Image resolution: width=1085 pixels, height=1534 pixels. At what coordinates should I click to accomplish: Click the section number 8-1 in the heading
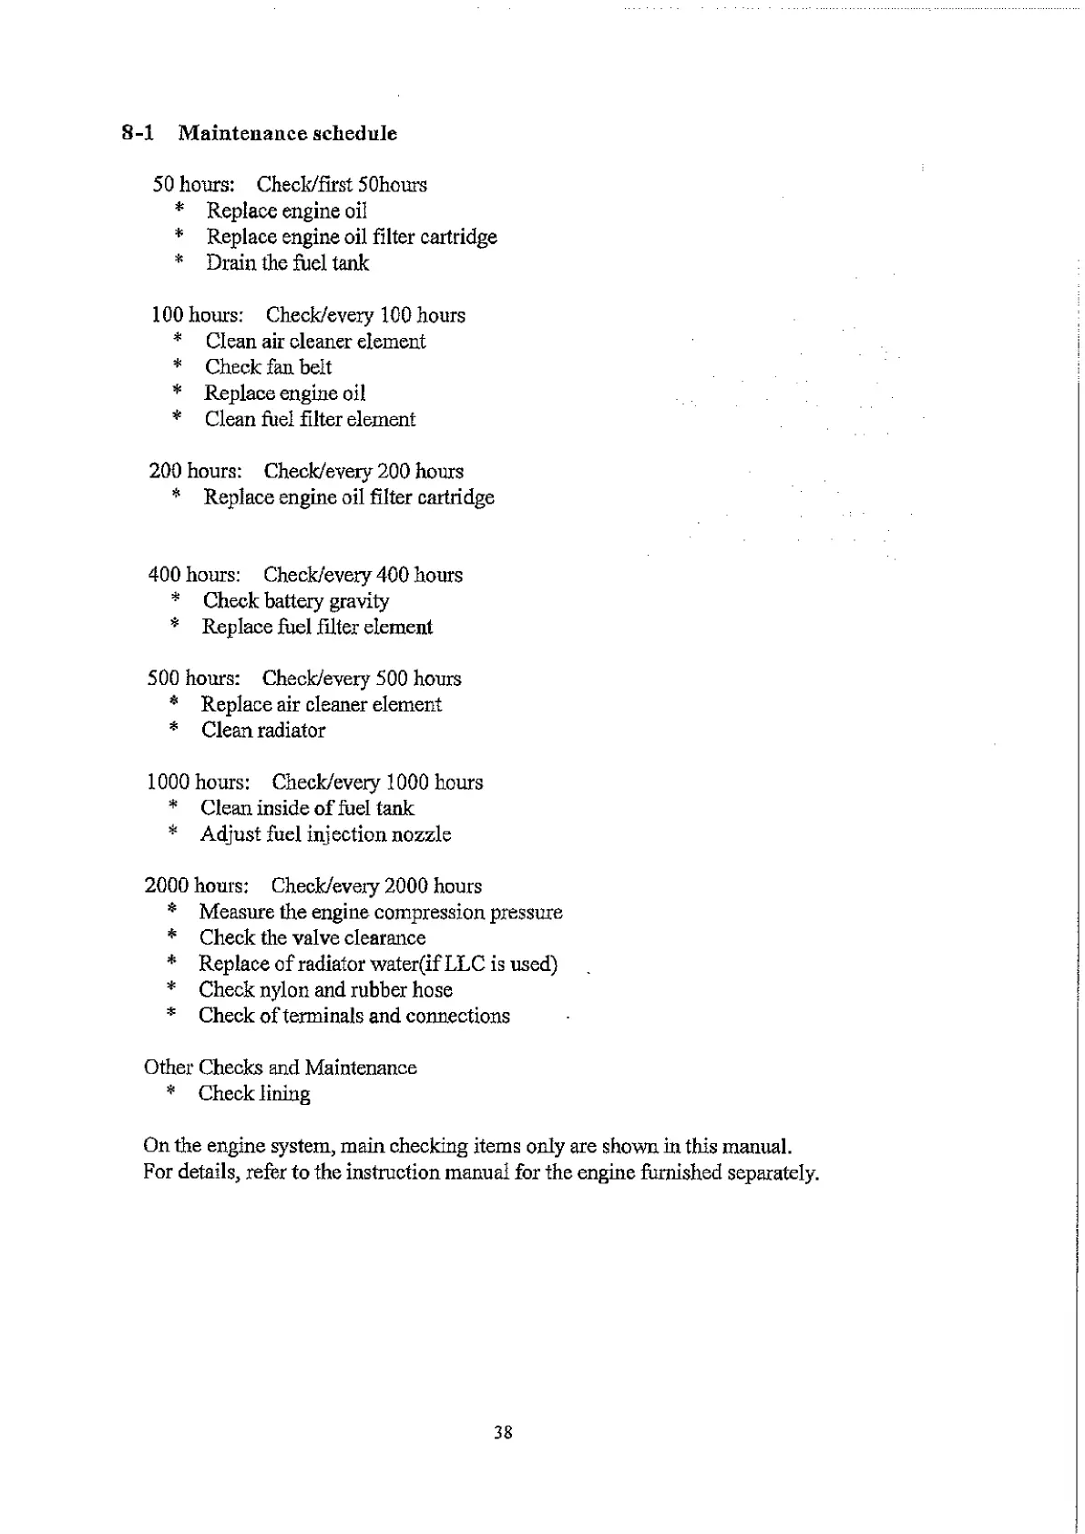(x=138, y=134)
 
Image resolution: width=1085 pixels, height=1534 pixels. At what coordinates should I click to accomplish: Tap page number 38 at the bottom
(x=503, y=1433)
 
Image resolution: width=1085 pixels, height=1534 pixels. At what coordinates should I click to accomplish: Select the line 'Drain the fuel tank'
(x=287, y=263)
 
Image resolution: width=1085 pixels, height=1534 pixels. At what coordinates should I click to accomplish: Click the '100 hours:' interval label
(x=197, y=315)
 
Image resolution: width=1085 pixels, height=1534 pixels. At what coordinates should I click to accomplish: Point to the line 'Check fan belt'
(x=268, y=367)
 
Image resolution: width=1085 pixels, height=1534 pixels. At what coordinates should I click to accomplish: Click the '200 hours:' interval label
(x=195, y=472)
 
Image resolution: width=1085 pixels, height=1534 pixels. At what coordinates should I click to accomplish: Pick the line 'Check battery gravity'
(x=295, y=601)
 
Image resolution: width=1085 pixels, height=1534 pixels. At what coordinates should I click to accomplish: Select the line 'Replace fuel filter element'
(x=317, y=627)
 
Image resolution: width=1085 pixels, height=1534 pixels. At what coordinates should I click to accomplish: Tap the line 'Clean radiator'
(x=262, y=731)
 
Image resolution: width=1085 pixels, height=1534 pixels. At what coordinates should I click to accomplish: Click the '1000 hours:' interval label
(x=198, y=782)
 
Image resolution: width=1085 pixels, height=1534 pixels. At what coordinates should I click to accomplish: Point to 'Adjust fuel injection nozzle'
(x=325, y=834)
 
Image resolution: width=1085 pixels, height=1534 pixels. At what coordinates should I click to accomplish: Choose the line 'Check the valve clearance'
(x=312, y=938)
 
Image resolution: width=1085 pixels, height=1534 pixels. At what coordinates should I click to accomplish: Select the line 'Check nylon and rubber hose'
(x=325, y=990)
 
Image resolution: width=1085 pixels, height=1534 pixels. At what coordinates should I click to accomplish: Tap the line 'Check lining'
(x=254, y=1094)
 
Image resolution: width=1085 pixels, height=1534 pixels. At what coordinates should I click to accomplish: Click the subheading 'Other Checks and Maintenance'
(x=280, y=1068)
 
